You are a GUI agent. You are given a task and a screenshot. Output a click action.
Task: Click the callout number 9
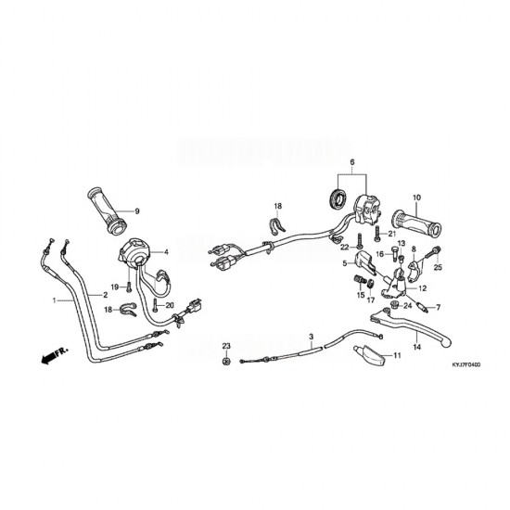click(137, 211)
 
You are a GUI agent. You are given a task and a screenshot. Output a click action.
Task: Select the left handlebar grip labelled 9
click(107, 210)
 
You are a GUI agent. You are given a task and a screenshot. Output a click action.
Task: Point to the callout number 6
click(352, 162)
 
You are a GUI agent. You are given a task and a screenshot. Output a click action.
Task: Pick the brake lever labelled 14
click(412, 325)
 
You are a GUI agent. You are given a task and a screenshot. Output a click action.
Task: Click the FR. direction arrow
click(55, 355)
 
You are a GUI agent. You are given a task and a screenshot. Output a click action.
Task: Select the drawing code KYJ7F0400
click(465, 365)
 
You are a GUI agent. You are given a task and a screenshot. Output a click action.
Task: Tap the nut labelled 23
click(226, 361)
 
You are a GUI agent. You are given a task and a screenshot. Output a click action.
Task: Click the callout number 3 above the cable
click(312, 337)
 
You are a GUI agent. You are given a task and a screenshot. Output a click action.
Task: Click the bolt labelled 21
click(377, 234)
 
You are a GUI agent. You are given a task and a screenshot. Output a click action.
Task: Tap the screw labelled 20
click(156, 305)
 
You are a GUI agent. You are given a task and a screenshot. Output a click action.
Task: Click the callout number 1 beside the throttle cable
click(55, 300)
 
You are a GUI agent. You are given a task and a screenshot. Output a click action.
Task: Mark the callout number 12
click(423, 288)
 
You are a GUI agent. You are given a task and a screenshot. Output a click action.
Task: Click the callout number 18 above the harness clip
click(278, 206)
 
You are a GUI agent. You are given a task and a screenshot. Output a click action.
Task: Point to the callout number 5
click(345, 263)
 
